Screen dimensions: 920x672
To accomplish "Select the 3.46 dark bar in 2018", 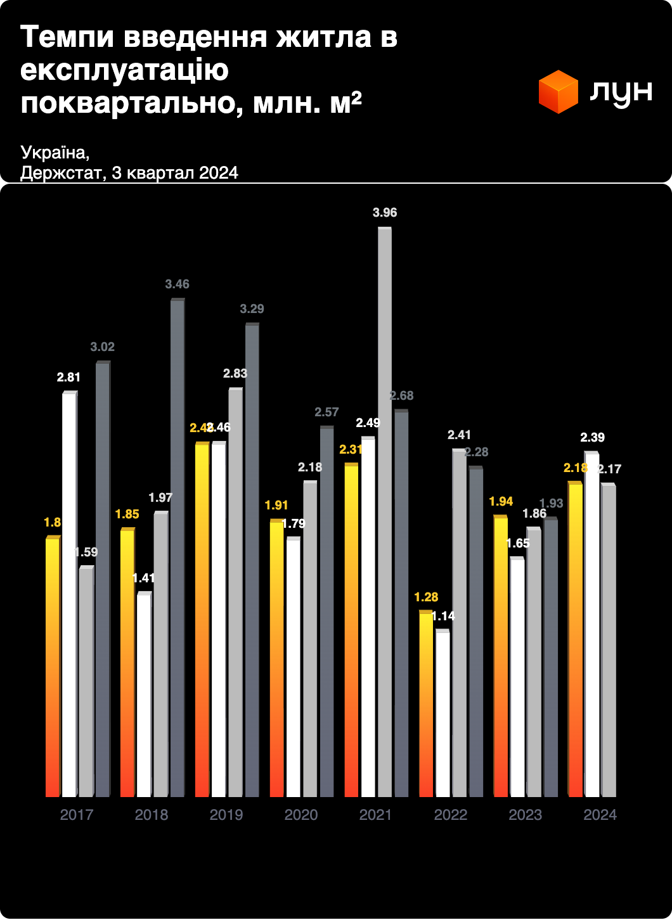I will [178, 548].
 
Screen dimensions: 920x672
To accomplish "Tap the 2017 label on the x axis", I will [77, 815].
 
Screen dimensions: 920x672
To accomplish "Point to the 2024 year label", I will [600, 815].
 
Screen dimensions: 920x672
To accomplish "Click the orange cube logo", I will [558, 92].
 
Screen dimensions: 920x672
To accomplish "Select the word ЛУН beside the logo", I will [621, 93].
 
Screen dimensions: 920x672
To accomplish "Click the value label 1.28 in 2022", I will [426, 597].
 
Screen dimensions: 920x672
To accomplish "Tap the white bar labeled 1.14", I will [443, 714].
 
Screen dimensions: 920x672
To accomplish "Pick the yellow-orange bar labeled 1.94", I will [501, 657].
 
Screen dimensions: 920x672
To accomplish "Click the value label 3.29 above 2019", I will [252, 309].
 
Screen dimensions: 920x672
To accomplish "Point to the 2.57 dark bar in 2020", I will [326, 611].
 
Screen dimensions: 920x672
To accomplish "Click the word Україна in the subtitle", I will [55, 153].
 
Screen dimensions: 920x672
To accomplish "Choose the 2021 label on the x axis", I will [375, 815].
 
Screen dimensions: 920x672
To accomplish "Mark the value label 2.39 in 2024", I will [593, 437].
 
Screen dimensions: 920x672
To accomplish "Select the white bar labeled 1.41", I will [144, 695].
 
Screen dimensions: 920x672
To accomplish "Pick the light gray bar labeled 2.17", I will [609, 641].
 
